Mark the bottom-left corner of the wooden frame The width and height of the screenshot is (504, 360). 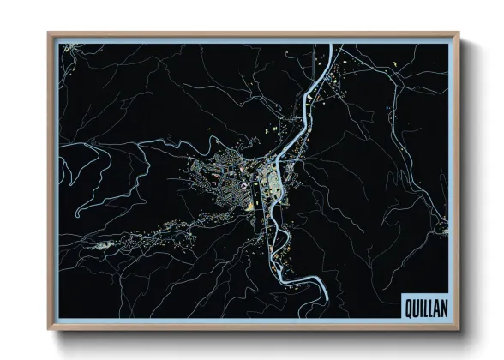tap(49, 329)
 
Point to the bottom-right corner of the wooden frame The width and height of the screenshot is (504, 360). tap(459, 329)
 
